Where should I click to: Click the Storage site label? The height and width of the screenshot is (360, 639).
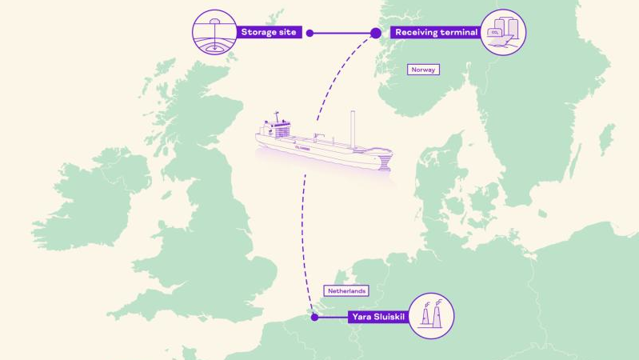click(268, 33)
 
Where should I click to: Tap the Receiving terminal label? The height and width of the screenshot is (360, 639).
click(436, 33)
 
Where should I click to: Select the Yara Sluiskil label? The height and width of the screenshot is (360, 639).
click(377, 318)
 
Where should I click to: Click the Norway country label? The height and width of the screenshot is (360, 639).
click(423, 70)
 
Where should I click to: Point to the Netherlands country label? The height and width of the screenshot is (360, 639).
click(345, 291)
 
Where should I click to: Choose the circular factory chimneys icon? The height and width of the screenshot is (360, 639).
click(432, 315)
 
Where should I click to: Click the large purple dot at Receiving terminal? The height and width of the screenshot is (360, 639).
click(376, 33)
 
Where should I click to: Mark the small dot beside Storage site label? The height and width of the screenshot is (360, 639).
click(310, 33)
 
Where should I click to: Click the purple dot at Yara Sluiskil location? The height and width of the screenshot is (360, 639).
click(314, 318)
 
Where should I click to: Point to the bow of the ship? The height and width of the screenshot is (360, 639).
click(385, 160)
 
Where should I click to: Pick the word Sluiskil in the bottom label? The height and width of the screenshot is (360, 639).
click(391, 318)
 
